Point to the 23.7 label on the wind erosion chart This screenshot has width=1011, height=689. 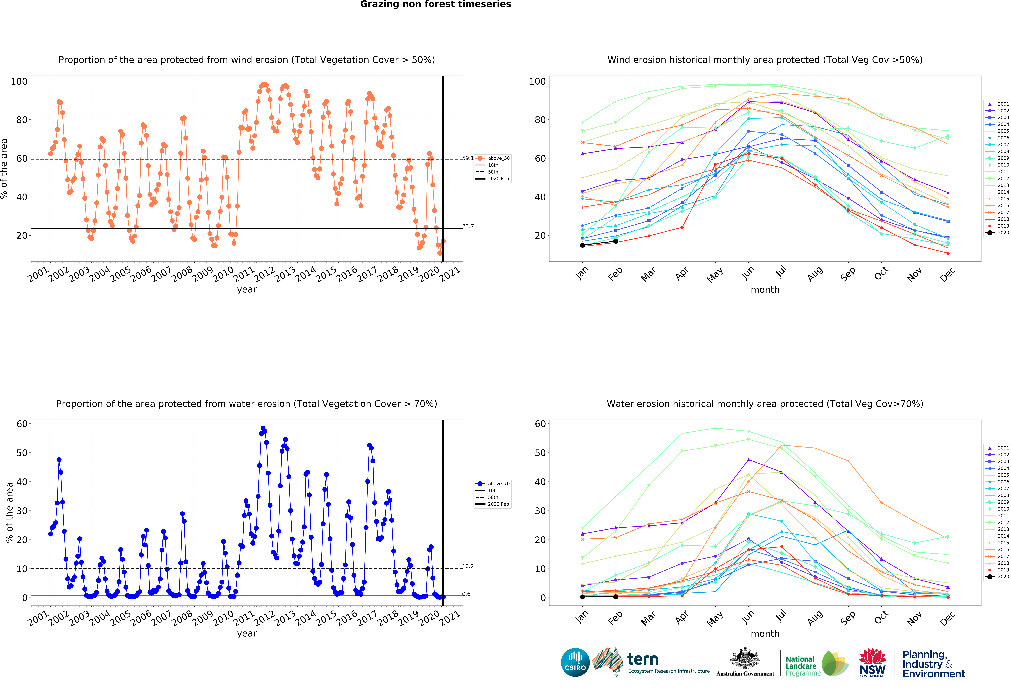point(468,226)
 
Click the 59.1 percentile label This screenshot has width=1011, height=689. point(468,158)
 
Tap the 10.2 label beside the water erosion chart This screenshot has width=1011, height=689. point(468,566)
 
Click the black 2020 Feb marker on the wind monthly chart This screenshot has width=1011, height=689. point(616,241)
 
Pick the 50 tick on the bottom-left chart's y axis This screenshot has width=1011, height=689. point(22,453)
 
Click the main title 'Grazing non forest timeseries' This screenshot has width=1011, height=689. point(435,4)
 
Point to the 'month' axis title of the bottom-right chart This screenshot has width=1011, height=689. point(765,633)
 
